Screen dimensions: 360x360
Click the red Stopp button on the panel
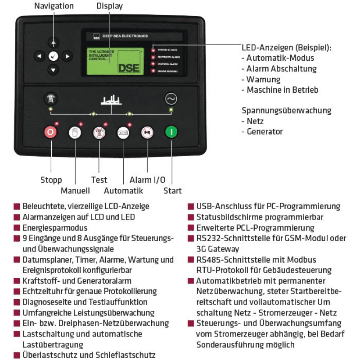[49, 132]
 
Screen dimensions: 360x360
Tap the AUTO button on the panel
[123, 132]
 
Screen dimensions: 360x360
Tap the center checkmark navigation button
[54, 56]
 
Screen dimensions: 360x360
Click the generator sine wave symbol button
[171, 98]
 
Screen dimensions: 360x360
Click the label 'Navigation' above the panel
[54, 6]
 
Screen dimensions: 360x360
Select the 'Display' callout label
[109, 6]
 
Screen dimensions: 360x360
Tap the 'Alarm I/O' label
[147, 180]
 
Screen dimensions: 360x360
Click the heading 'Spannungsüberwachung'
[286, 110]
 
